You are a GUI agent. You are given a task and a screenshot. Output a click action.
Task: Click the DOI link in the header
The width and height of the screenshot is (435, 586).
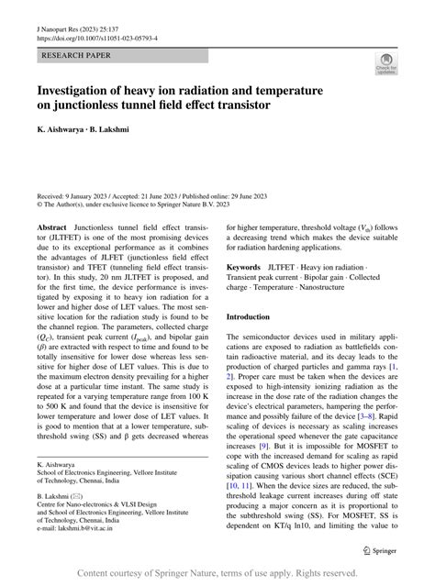point(96,39)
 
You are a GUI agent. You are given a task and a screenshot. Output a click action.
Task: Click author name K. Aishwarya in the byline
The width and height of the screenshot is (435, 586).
point(64,135)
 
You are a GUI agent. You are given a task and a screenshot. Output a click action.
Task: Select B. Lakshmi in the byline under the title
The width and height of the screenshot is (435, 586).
point(117,135)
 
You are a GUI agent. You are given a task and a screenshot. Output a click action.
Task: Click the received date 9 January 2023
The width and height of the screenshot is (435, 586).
point(93,195)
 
